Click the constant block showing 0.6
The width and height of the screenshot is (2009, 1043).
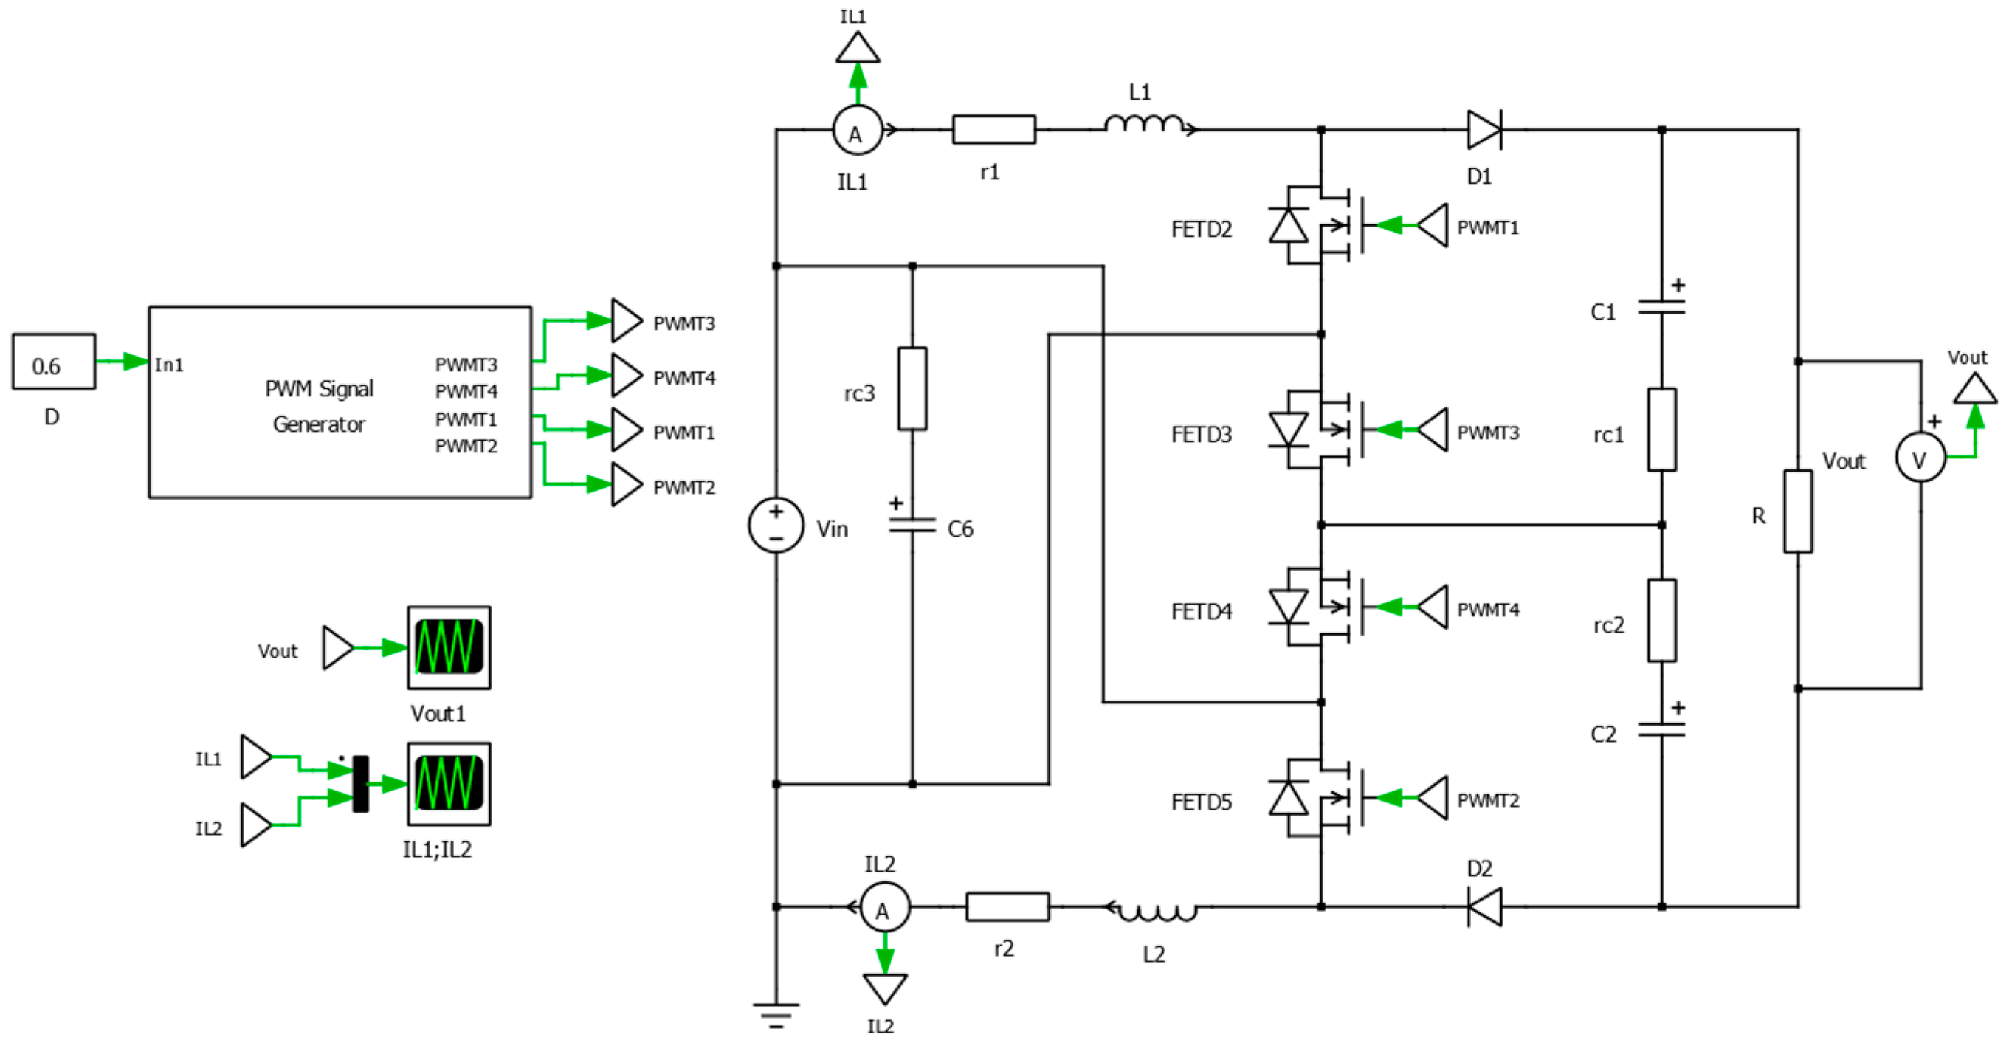(x=53, y=361)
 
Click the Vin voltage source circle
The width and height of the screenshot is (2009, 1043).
(x=775, y=524)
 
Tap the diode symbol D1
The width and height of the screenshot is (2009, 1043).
(x=1484, y=129)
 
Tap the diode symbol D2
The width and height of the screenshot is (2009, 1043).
(x=1484, y=906)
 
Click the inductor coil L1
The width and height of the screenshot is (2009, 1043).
(x=1145, y=125)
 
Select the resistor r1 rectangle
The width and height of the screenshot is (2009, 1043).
(x=993, y=129)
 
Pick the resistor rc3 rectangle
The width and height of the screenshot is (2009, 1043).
(x=912, y=388)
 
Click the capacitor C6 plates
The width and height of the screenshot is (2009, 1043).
(x=912, y=525)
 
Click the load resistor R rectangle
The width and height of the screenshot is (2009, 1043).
(x=1798, y=511)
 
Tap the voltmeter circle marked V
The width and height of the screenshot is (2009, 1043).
(x=1920, y=457)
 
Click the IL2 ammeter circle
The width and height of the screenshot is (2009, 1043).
(x=884, y=907)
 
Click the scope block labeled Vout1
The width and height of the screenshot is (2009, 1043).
(x=449, y=647)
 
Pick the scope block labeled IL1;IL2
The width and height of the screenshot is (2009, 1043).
(x=449, y=783)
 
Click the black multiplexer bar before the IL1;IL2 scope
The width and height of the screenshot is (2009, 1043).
(x=360, y=783)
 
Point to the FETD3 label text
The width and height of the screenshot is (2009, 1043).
(x=1201, y=435)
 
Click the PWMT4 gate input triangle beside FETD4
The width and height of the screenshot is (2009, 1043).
(x=1433, y=607)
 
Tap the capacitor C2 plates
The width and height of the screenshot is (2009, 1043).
(x=1661, y=730)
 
